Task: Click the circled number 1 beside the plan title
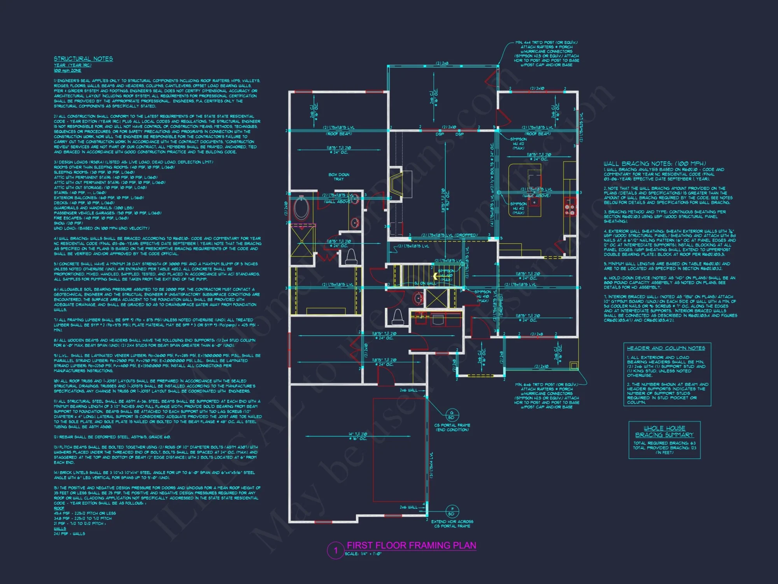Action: [x=335, y=551]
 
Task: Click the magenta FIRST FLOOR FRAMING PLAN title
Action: [x=411, y=545]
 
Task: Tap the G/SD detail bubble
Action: [x=452, y=415]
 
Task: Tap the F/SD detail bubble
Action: [x=452, y=511]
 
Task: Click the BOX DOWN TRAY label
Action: [x=338, y=177]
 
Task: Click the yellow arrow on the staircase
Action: [x=436, y=276]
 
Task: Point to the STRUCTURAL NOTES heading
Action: [x=83, y=59]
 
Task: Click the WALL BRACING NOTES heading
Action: [x=654, y=164]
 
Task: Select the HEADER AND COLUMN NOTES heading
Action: [x=666, y=348]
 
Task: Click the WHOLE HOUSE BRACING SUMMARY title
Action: [x=664, y=431]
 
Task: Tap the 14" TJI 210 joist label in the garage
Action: [x=357, y=436]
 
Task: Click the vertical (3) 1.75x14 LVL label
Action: [x=431, y=465]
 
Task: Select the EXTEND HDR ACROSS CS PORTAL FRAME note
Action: [x=452, y=524]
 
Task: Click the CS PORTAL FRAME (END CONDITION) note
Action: [x=452, y=427]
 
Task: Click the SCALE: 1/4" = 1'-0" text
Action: [x=363, y=554]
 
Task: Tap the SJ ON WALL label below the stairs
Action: [x=425, y=283]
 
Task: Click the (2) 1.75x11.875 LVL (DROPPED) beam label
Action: [x=449, y=235]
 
